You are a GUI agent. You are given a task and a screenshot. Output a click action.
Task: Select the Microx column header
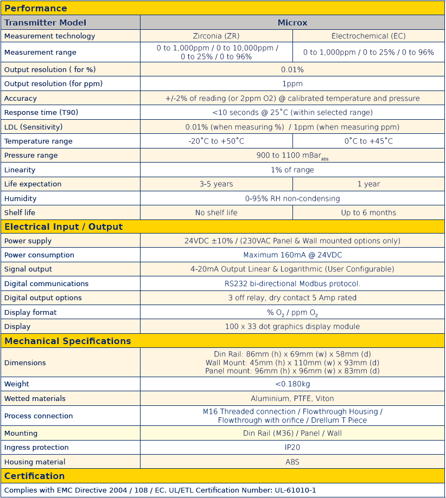tap(292, 23)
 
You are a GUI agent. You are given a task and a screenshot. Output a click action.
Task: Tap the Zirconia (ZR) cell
tap(216, 36)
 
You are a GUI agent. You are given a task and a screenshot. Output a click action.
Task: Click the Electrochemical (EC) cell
tap(368, 36)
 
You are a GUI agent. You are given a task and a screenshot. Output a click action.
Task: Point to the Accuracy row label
tap(21, 99)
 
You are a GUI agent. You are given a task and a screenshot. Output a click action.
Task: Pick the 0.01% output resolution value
tap(292, 70)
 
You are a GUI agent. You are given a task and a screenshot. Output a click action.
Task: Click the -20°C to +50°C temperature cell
tap(216, 141)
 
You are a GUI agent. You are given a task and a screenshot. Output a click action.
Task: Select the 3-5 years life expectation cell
tap(216, 184)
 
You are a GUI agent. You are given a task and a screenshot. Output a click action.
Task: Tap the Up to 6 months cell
tap(368, 213)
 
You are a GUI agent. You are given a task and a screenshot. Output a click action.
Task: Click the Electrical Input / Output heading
tap(63, 227)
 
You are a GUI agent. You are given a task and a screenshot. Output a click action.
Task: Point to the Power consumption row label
tap(39, 255)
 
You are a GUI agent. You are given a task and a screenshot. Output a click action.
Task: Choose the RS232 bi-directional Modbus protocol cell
tap(292, 284)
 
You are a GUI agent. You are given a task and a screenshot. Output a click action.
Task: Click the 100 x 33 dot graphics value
tap(292, 327)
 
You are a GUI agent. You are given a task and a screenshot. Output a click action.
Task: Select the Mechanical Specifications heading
tap(68, 341)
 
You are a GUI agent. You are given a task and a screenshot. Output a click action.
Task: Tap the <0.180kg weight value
tap(292, 384)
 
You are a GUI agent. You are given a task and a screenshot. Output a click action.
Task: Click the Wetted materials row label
tap(35, 399)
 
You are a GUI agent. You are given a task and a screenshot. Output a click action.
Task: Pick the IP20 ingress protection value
tap(292, 448)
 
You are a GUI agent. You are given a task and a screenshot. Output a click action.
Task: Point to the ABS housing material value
tap(292, 462)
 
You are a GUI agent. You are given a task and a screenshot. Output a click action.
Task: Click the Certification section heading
tap(35, 476)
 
